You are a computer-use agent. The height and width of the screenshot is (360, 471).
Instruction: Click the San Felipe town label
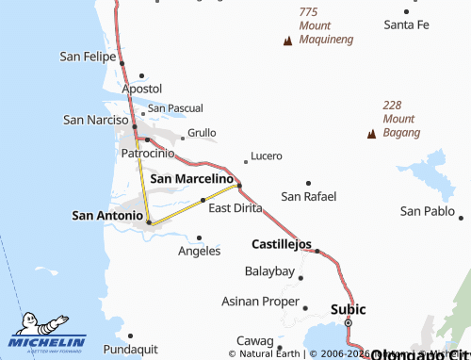88,57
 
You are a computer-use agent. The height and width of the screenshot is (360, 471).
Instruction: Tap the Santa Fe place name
406,24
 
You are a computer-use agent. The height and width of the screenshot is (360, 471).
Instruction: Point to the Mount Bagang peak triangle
372,134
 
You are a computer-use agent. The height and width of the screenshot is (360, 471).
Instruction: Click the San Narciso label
95,120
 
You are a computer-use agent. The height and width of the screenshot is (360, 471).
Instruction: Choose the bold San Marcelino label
191,178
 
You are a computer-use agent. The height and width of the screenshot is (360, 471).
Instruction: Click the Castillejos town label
282,244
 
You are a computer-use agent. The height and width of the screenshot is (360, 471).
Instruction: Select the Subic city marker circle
348,323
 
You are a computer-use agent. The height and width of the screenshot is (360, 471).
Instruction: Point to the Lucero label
267,155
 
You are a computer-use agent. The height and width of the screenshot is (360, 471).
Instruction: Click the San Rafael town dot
308,182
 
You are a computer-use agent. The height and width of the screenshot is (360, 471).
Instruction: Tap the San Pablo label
427,211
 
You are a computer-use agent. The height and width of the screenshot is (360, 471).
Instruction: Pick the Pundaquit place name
130,349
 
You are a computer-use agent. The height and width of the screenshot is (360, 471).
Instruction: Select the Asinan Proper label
260,302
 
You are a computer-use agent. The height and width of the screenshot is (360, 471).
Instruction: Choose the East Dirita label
235,208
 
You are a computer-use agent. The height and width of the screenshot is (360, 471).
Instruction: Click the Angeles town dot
199,237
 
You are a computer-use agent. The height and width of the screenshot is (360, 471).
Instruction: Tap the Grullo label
202,133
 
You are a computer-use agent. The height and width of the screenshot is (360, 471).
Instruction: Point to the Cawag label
254,340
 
